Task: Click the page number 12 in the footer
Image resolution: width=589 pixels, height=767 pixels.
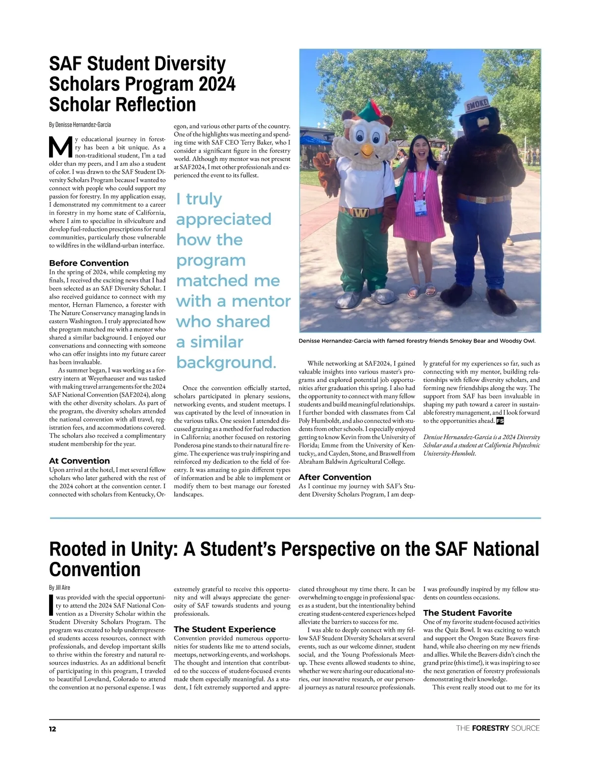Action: click(x=53, y=729)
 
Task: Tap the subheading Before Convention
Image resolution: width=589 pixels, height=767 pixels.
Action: click(x=89, y=263)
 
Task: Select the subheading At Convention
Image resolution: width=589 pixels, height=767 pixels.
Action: click(x=80, y=461)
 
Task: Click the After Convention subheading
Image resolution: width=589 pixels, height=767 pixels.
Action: click(x=335, y=477)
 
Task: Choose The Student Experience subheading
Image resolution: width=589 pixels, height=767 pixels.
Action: click(x=225, y=629)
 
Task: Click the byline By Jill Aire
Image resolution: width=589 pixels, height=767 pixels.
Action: click(x=59, y=587)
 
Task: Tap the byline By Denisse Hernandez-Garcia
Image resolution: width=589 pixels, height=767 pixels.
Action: click(x=80, y=125)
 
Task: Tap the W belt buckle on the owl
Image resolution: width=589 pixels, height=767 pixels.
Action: click(x=361, y=212)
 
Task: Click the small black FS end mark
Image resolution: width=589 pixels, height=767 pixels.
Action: click(x=500, y=421)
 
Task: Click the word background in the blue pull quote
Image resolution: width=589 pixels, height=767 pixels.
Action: click(x=226, y=362)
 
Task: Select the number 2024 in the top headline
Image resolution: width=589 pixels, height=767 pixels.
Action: click(x=217, y=84)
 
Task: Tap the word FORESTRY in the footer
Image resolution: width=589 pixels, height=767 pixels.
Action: click(x=490, y=728)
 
